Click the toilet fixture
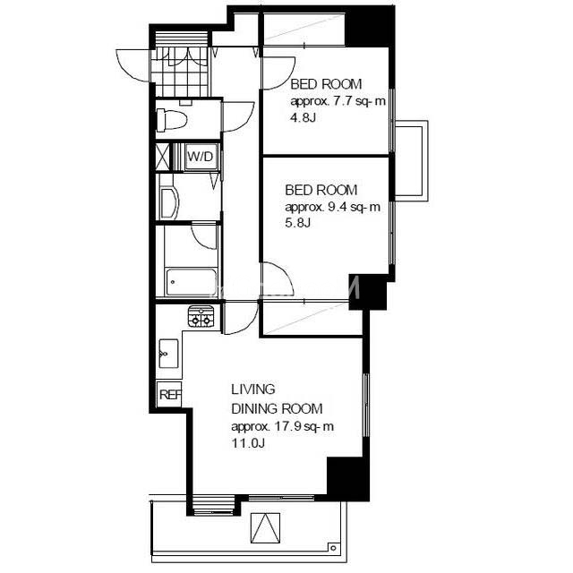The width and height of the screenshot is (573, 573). [x=171, y=119]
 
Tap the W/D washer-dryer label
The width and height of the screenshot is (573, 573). [x=200, y=158]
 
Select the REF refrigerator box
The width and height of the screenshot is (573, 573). [x=169, y=394]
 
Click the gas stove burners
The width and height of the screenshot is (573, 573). [x=201, y=316]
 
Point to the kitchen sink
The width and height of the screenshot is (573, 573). [x=169, y=354]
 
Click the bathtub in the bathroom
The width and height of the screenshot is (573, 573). [x=191, y=282]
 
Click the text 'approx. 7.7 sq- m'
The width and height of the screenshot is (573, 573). [x=338, y=101]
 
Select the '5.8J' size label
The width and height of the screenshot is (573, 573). [x=298, y=223]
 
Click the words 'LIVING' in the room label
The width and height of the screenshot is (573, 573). [x=252, y=389]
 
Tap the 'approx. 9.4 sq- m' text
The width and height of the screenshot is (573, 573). [x=332, y=207]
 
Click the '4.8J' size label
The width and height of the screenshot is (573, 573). [x=303, y=117]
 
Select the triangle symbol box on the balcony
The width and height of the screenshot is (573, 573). [x=266, y=528]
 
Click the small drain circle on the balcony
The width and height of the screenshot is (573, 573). [x=333, y=548]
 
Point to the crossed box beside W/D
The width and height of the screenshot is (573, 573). [x=163, y=158]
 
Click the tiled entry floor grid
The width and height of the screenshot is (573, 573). [x=180, y=71]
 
